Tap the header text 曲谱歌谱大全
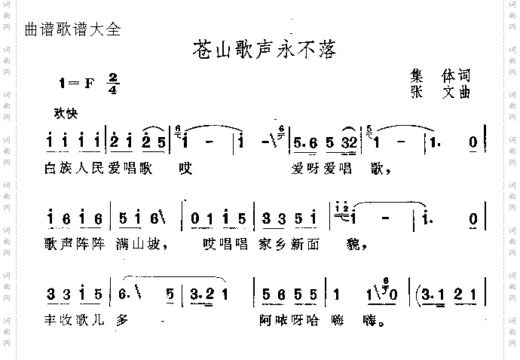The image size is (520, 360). click(72, 31)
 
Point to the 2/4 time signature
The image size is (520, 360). click(114, 84)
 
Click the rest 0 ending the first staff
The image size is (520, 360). click(473, 141)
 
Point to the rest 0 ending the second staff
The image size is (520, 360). click(473, 218)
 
